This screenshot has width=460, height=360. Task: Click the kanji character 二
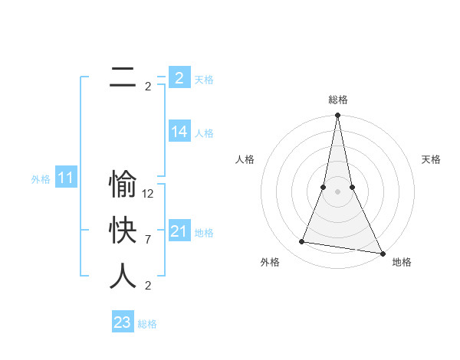[123, 77]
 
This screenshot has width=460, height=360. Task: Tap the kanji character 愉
[123, 184]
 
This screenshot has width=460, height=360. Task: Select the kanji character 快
[123, 231]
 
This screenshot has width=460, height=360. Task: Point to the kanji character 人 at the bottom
[123, 276]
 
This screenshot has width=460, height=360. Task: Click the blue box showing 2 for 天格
[179, 77]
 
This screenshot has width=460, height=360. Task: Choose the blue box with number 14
[179, 132]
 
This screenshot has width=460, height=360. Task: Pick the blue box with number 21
[179, 231]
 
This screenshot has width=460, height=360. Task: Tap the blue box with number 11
[65, 178]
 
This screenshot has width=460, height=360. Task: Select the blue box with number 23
[123, 322]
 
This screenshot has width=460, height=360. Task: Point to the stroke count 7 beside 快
[148, 240]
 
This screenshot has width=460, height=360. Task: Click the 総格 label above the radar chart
[338, 100]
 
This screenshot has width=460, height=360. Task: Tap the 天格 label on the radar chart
[431, 159]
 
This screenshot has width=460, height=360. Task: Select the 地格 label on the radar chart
[402, 263]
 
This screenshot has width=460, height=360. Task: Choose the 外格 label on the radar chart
[270, 263]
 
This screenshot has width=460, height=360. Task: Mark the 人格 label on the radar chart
[245, 159]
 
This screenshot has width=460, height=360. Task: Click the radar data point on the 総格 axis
[337, 116]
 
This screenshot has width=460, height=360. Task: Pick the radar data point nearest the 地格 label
[382, 253]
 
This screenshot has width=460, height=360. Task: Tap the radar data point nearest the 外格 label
[302, 242]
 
